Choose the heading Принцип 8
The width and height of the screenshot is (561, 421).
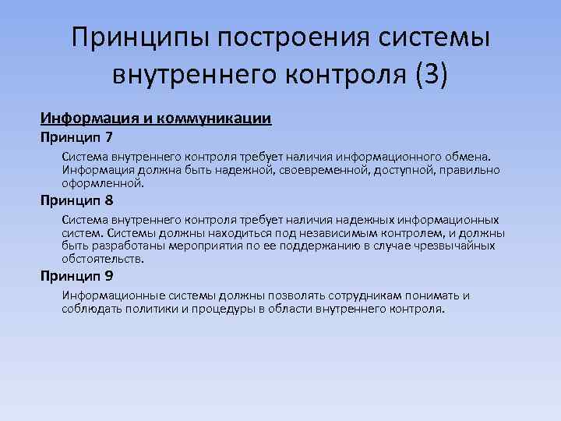(77, 200)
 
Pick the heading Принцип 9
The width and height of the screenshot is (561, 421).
(77, 275)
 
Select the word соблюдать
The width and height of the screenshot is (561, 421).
(91, 309)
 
